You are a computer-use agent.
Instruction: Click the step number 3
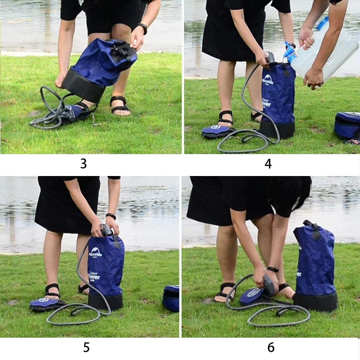[84, 163]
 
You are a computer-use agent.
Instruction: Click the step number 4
[268, 163]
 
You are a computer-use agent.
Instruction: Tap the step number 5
[86, 347]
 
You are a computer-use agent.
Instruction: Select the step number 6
[271, 347]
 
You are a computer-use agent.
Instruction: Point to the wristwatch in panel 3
[143, 28]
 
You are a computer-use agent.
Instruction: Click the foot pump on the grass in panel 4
[215, 131]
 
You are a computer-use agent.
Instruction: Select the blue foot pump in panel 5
[44, 303]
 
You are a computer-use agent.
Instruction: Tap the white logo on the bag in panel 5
[96, 252]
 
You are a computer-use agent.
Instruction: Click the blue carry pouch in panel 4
[347, 125]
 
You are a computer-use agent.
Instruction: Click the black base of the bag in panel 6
[315, 302]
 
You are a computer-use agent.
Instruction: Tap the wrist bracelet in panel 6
[273, 269]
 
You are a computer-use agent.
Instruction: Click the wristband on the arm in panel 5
[111, 216]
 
